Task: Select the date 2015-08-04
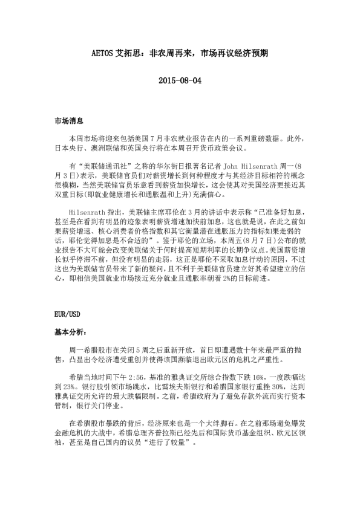click(180, 80)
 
